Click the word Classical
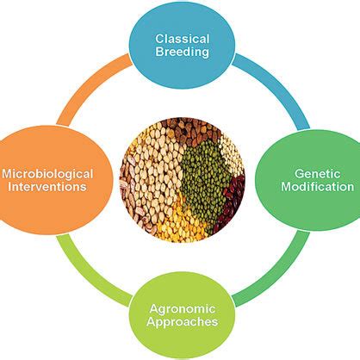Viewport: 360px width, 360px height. point(183,39)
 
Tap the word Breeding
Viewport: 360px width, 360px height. point(182,53)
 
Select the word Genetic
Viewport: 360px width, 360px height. point(317,174)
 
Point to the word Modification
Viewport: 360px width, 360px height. point(318,187)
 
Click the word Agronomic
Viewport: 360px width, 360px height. point(183,309)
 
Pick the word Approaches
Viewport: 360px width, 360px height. point(183,322)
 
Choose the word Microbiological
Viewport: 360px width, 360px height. point(47,174)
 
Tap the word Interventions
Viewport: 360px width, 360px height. point(47,187)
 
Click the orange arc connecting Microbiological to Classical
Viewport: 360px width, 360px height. point(89,84)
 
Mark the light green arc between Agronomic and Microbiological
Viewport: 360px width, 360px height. point(88,276)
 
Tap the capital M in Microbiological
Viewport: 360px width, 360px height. point(7,174)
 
